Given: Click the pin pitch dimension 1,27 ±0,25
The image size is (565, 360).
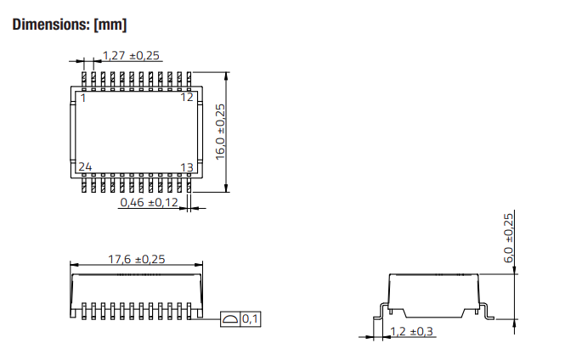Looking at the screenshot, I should (x=132, y=56).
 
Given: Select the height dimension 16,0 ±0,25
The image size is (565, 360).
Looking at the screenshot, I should (x=221, y=132).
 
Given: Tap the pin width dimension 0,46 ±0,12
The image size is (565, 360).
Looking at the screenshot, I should (x=149, y=202).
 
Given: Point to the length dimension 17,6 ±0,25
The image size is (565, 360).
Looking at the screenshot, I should (x=135, y=259).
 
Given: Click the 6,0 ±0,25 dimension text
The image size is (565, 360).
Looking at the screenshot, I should (x=508, y=237).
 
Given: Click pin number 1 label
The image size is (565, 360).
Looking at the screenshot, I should (x=82, y=98).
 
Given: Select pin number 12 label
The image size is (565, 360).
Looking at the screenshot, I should (x=187, y=98).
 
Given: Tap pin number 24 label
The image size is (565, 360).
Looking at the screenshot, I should (x=85, y=167).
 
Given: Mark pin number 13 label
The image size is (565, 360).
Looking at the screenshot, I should (x=187, y=167).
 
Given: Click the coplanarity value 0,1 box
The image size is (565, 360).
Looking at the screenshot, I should (x=251, y=319).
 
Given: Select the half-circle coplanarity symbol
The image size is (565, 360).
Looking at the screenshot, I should (x=230, y=319).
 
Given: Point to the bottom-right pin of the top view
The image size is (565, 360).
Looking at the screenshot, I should (x=188, y=184).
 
